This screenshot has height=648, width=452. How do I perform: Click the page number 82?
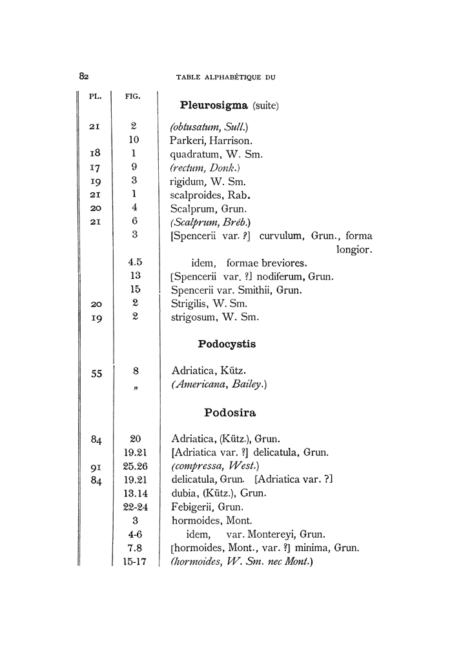(84, 76)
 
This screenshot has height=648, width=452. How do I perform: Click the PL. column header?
(96, 97)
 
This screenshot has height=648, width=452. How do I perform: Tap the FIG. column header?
(133, 97)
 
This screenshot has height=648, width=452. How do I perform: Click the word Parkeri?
(188, 139)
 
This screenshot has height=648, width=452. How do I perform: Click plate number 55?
(96, 372)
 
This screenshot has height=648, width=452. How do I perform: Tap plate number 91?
(96, 466)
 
